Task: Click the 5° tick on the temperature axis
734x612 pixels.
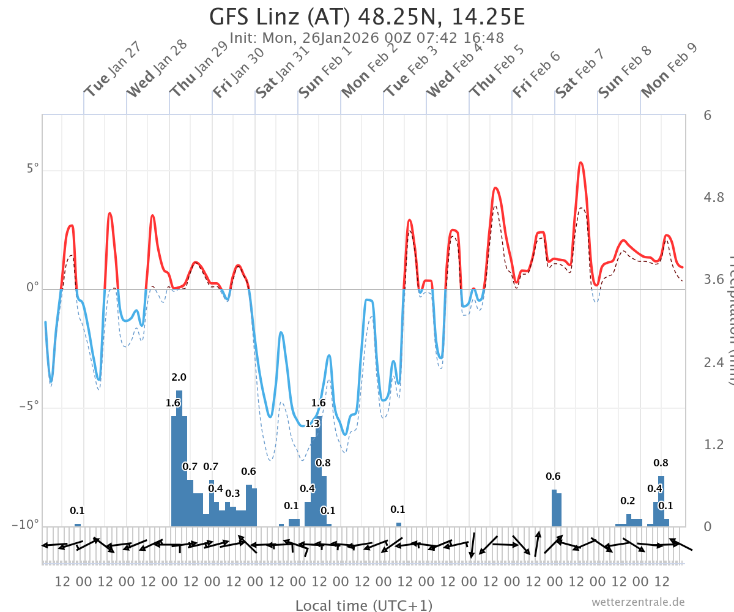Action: click(x=32, y=169)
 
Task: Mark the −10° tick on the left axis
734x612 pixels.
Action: click(x=25, y=524)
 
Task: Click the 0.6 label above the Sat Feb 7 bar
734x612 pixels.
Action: click(x=553, y=476)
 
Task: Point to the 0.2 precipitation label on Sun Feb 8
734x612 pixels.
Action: click(x=628, y=501)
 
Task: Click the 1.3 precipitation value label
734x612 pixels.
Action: click(x=312, y=424)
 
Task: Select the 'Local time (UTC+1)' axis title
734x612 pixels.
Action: click(x=363, y=605)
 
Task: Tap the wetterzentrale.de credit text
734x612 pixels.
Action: click(x=638, y=602)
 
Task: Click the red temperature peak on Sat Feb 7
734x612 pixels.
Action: click(x=580, y=163)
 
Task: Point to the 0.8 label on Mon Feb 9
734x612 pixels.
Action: click(x=661, y=463)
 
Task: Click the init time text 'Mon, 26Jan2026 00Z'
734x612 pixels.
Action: click(x=321, y=38)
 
